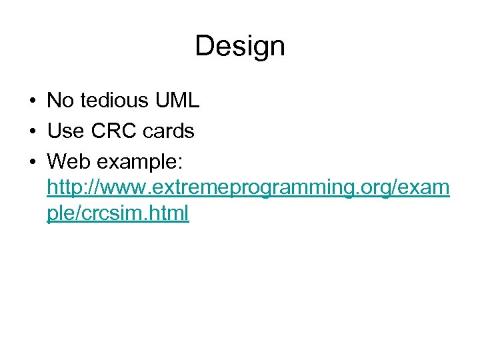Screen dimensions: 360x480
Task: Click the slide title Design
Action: [x=240, y=46]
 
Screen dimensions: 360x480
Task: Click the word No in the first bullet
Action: [x=60, y=101]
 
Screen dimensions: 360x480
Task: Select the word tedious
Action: [x=115, y=101]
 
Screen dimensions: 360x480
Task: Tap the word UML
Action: [x=177, y=101]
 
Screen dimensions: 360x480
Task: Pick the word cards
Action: [x=169, y=131]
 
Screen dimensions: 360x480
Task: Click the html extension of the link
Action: [x=171, y=213]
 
